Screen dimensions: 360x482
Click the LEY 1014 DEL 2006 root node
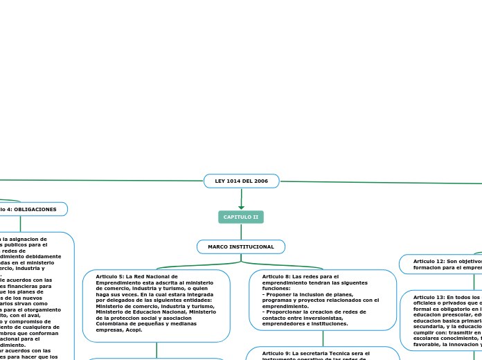[242, 181]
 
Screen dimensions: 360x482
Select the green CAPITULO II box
[241, 217]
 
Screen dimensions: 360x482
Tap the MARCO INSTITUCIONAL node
[241, 246]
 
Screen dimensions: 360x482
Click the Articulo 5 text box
[157, 305]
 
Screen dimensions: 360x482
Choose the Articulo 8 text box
[323, 300]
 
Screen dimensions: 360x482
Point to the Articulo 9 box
[323, 354]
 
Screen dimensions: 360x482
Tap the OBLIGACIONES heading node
[31, 209]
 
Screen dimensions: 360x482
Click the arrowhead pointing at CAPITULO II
[241, 206]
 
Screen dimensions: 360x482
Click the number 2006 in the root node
[260, 181]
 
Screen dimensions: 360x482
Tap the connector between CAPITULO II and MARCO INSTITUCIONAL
[241, 232]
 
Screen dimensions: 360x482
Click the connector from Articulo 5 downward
[157, 350]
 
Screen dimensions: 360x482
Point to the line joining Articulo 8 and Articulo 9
[323, 339]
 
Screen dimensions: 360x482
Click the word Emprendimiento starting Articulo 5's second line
[118, 282]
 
